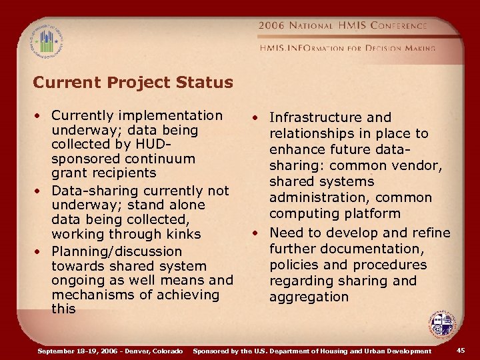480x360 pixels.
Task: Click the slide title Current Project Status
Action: [133, 83]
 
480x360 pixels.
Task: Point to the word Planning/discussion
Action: [117, 251]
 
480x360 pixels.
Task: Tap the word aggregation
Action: [309, 297]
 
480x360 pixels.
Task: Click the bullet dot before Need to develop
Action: [255, 233]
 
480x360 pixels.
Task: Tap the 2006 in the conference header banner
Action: [272, 26]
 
